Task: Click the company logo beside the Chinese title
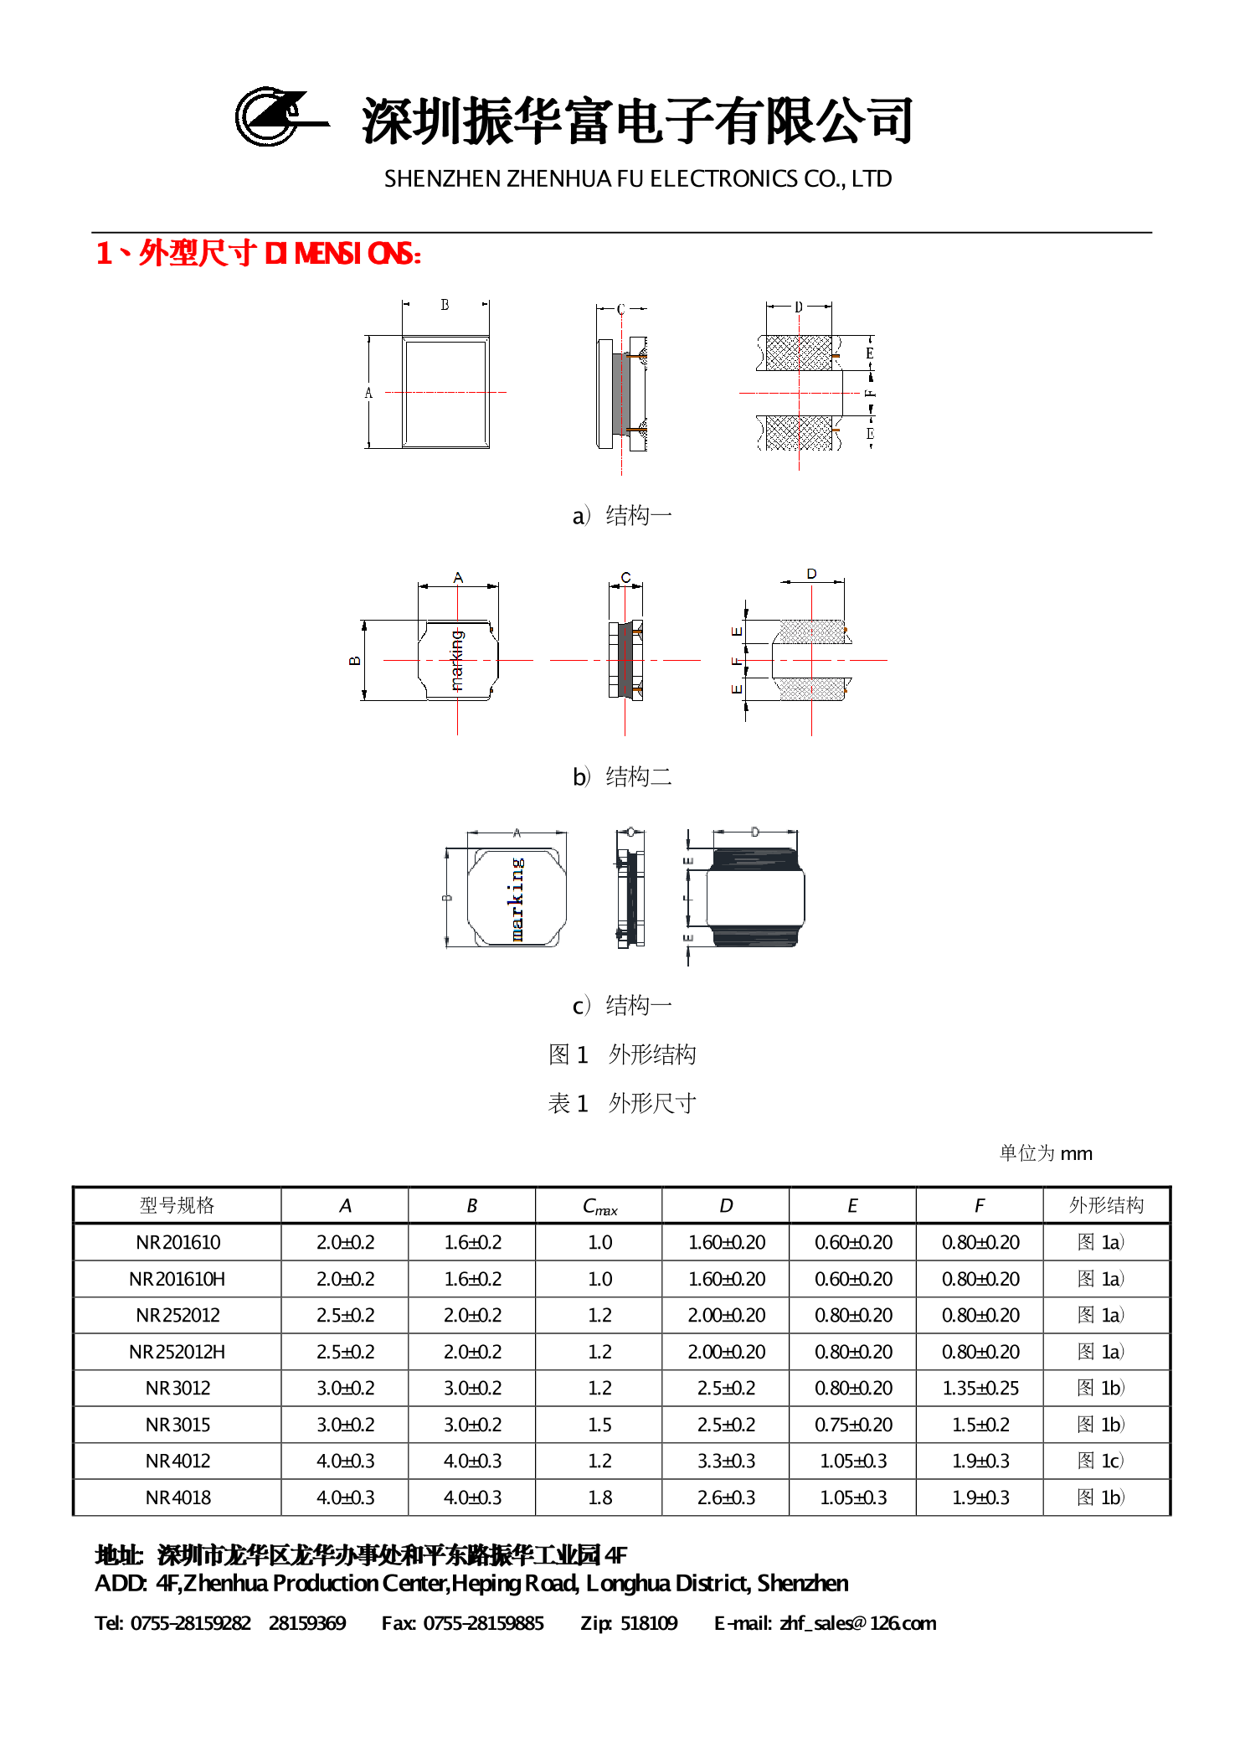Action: (x=280, y=117)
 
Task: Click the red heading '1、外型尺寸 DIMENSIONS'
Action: (x=258, y=253)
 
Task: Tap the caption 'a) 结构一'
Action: (x=621, y=515)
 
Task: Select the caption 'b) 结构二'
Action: (x=621, y=776)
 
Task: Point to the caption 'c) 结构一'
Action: (x=621, y=1005)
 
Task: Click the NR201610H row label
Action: (x=177, y=1279)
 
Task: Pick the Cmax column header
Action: (x=599, y=1206)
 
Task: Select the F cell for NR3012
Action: (x=980, y=1388)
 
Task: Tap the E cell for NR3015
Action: (x=853, y=1425)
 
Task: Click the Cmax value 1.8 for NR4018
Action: (x=599, y=1498)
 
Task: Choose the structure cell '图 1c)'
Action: (x=1100, y=1461)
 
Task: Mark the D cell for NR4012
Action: (x=726, y=1461)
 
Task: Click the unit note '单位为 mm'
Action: (x=1045, y=1153)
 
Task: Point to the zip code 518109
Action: (x=649, y=1623)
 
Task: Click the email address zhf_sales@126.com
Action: (x=857, y=1623)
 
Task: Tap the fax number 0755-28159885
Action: (x=483, y=1623)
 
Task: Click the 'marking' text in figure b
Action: (x=456, y=660)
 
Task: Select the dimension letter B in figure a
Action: (x=445, y=305)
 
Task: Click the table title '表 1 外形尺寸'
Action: (x=621, y=1103)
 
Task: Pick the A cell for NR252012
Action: (x=345, y=1315)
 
